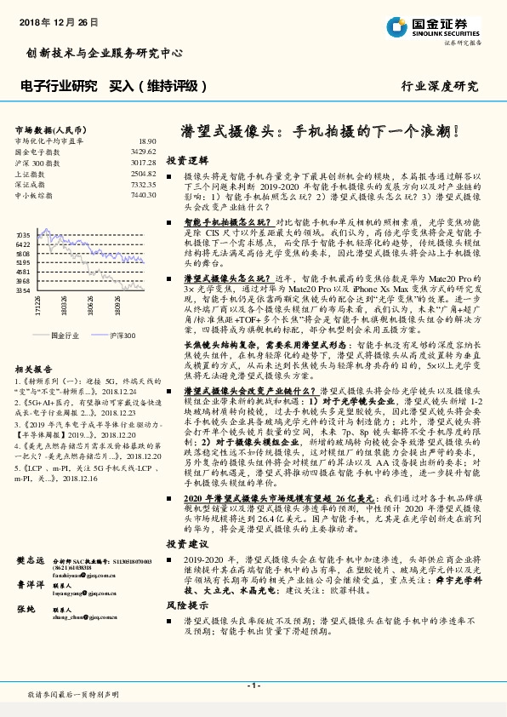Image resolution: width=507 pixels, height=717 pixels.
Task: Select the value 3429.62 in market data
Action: coord(144,151)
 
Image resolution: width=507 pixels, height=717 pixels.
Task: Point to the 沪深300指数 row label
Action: coord(36,162)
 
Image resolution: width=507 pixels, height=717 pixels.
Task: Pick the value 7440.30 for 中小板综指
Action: coord(144,195)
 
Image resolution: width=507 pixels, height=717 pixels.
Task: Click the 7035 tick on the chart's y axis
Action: coord(23,233)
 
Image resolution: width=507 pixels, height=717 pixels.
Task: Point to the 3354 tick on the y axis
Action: coord(23,290)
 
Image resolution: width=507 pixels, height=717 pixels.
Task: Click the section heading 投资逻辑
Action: coord(186,160)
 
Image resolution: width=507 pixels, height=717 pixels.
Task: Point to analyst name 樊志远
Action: coord(30,561)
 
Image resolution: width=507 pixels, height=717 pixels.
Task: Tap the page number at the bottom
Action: coord(253,685)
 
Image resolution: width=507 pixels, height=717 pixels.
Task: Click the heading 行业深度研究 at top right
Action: coord(440,87)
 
